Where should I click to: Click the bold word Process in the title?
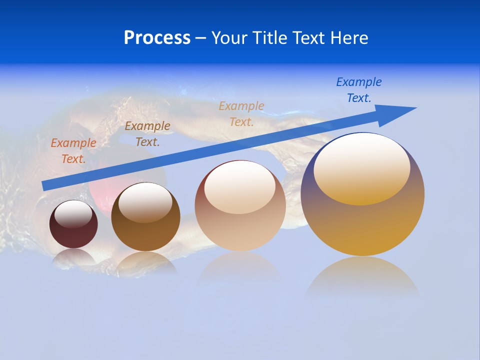coord(157,38)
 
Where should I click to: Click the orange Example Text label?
coord(73,150)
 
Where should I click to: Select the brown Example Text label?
coord(147,133)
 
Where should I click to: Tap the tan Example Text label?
coord(241,113)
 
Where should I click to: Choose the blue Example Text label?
coord(358,89)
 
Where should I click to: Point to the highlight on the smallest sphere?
coord(73,214)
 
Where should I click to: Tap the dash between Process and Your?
coord(200,38)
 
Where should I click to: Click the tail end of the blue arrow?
coord(45,185)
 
